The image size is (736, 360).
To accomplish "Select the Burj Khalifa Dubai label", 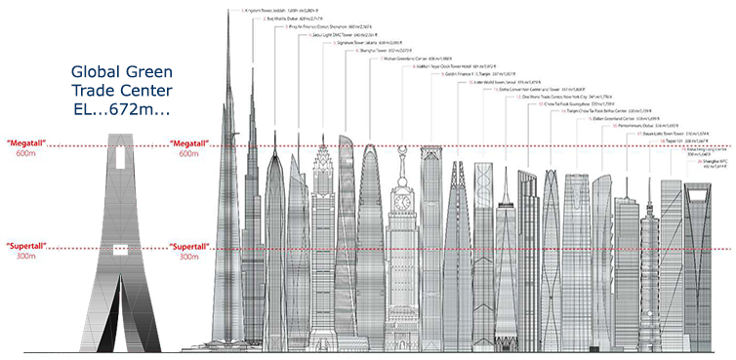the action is (294, 18).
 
